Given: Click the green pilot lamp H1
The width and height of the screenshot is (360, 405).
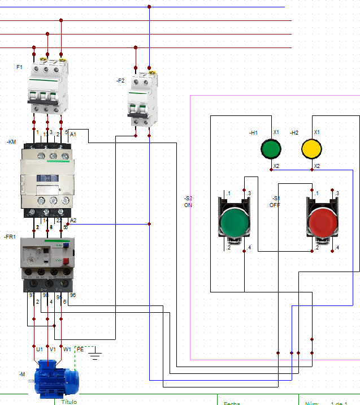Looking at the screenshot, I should click(x=271, y=149).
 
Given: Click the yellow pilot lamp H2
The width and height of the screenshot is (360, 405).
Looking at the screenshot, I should click(x=311, y=149).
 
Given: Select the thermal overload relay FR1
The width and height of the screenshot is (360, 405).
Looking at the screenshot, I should click(x=47, y=258).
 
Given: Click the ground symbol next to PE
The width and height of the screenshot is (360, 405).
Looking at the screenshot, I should click(x=96, y=355).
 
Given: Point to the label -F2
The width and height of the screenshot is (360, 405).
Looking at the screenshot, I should click(x=120, y=81).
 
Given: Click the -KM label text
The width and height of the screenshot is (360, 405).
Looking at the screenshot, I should click(x=12, y=142).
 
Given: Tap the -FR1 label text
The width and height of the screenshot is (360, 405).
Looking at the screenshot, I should click(x=10, y=236).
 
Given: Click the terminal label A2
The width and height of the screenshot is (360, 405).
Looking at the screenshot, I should click(x=73, y=220).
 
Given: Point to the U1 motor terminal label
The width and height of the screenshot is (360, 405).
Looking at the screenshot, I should click(x=40, y=350).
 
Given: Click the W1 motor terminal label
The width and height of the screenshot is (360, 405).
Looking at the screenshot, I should click(x=67, y=350).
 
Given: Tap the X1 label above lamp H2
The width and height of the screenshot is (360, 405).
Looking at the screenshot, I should click(x=316, y=132).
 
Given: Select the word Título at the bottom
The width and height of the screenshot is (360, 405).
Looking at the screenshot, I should click(x=68, y=402).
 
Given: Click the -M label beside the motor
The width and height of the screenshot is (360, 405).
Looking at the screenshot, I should click(x=22, y=374).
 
